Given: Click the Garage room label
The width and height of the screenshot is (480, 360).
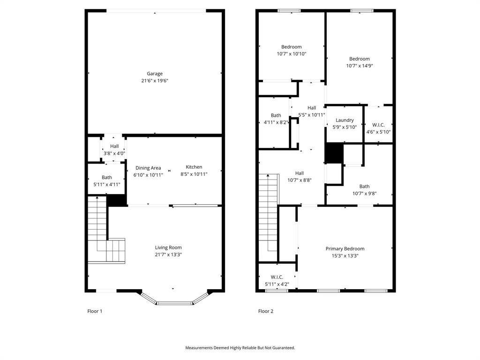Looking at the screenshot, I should (155, 74).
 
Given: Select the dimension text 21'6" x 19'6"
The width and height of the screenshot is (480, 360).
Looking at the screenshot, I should (155, 81).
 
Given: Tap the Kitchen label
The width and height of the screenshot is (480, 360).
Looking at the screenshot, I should (194, 167).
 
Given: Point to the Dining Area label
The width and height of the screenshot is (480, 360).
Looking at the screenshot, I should (148, 168).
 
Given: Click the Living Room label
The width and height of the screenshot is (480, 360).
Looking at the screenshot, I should (168, 247).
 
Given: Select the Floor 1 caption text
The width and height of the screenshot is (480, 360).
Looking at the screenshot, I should (95, 311).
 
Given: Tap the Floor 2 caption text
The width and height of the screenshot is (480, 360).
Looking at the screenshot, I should (266, 311).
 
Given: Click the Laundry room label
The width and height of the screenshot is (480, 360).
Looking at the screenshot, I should (345, 120).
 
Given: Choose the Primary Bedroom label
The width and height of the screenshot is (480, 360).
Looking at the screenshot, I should (345, 249).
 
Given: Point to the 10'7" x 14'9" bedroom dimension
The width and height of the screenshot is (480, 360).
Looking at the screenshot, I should (360, 66).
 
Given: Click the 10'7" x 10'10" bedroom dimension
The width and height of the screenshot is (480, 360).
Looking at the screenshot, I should (292, 54).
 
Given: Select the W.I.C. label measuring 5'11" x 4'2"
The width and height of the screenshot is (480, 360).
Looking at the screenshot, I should (277, 277).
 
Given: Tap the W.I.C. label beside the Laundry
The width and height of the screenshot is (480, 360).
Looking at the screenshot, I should (378, 125).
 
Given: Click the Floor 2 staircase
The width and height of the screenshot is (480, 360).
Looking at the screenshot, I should (269, 211).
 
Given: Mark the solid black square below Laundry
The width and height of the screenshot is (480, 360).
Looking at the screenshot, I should (334, 153).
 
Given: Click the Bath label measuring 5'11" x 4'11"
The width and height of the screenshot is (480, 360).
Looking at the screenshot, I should (107, 177).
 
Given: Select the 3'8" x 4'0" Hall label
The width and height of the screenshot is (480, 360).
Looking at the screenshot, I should (114, 146).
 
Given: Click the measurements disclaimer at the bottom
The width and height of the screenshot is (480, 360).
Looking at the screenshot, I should (240, 348).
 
